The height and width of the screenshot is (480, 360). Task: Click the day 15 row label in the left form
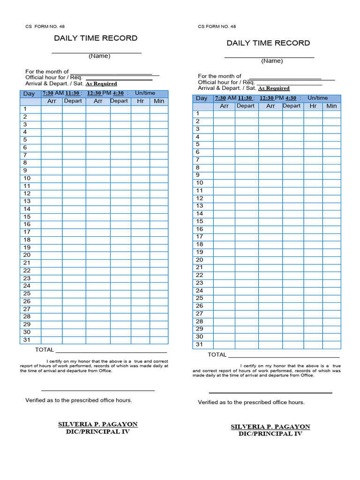(27, 217)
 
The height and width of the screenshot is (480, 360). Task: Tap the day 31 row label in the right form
(199, 345)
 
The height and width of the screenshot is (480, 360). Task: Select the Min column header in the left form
(159, 101)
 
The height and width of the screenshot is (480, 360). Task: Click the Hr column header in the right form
(313, 106)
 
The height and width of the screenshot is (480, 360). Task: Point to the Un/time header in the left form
(145, 93)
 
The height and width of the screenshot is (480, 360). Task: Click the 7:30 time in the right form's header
(220, 98)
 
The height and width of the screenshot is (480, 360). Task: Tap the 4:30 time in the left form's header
(118, 93)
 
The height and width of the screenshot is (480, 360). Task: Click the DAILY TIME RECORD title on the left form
(96, 38)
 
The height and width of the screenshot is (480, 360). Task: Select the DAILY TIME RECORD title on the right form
(268, 43)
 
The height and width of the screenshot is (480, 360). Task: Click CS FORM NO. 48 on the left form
(45, 27)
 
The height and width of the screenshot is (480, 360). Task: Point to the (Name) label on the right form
(272, 61)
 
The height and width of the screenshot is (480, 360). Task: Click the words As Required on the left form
(101, 84)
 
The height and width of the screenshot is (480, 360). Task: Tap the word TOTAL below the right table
(217, 355)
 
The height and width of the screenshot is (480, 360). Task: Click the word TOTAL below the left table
(45, 350)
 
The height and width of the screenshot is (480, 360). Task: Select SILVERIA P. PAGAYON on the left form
(97, 424)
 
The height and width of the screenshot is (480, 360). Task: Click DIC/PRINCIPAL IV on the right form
(270, 434)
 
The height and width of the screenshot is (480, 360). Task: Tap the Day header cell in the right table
(202, 98)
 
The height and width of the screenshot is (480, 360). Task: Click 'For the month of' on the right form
(219, 76)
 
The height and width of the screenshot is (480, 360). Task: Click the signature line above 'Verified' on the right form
(270, 392)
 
